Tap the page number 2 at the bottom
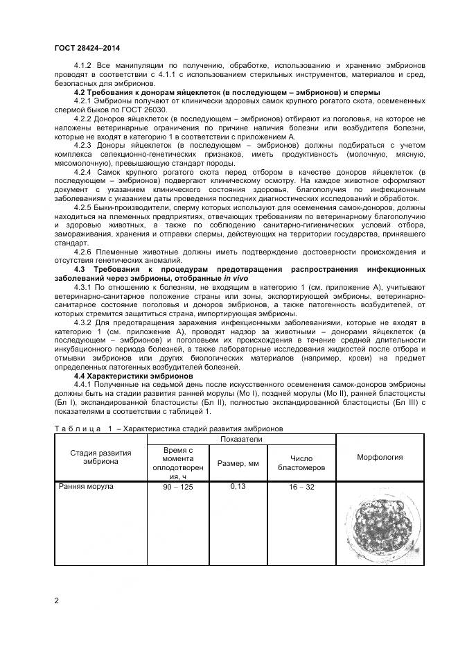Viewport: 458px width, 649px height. [x=56, y=600]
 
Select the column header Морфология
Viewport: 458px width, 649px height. [x=379, y=458]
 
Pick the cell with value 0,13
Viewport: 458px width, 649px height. [x=237, y=487]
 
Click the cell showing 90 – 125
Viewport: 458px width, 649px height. [x=177, y=487]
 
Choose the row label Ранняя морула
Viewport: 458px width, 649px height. [x=86, y=487]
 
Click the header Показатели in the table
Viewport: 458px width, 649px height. [x=240, y=440]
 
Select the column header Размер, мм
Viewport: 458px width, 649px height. [x=237, y=462]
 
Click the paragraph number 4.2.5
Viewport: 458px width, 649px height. [x=85, y=207]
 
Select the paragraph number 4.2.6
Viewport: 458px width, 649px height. [x=85, y=251]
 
